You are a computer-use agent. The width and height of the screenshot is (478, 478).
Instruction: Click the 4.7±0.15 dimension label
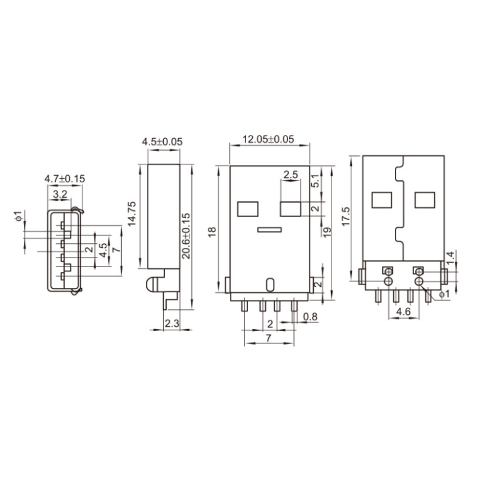point(65,178)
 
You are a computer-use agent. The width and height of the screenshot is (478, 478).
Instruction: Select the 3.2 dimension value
point(60,194)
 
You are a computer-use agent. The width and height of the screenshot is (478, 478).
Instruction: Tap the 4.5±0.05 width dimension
point(162,142)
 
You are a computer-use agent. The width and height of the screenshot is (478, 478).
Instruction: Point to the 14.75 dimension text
point(133,213)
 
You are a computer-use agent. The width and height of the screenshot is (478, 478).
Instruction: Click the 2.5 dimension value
point(291,175)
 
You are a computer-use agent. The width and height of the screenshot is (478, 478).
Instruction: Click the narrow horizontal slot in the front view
point(269,229)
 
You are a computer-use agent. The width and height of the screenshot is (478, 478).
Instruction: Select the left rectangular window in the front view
point(247,209)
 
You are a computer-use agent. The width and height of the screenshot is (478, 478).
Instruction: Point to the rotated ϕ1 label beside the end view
point(18,216)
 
